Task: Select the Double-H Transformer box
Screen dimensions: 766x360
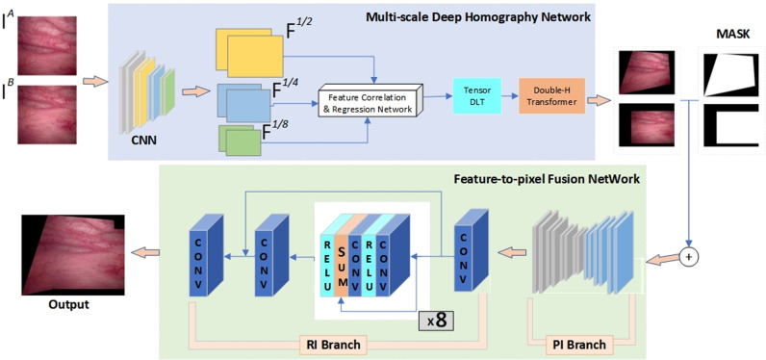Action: point(551,95)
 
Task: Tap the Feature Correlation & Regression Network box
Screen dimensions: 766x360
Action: point(369,102)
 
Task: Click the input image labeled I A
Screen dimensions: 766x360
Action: point(47,45)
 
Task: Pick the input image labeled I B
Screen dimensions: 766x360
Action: point(47,115)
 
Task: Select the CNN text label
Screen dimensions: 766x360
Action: point(145,143)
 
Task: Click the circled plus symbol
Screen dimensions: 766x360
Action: point(689,257)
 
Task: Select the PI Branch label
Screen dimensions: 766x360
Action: point(581,345)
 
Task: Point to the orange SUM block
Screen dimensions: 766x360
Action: point(342,265)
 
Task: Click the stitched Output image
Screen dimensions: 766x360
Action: point(72,254)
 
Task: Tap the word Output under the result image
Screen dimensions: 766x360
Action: point(69,306)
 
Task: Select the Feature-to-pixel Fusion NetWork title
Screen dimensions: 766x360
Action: point(546,179)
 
